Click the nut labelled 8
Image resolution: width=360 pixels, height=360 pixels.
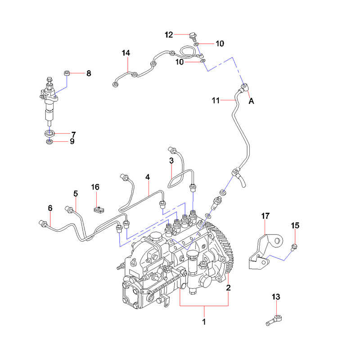coord(67,72)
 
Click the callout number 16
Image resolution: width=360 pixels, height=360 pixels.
coord(95,187)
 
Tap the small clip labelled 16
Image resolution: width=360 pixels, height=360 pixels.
coord(97,209)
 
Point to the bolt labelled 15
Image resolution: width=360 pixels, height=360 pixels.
coord(294,246)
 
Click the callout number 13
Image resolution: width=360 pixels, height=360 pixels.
coord(276,297)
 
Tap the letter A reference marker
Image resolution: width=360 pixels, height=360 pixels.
coord(252,102)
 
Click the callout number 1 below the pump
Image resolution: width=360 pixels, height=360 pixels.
coord(204,322)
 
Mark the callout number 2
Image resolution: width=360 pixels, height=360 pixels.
coord(229,287)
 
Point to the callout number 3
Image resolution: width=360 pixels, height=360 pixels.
coord(171,160)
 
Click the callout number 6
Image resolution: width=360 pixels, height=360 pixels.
coord(50,207)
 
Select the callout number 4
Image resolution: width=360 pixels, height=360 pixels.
coord(147,177)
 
